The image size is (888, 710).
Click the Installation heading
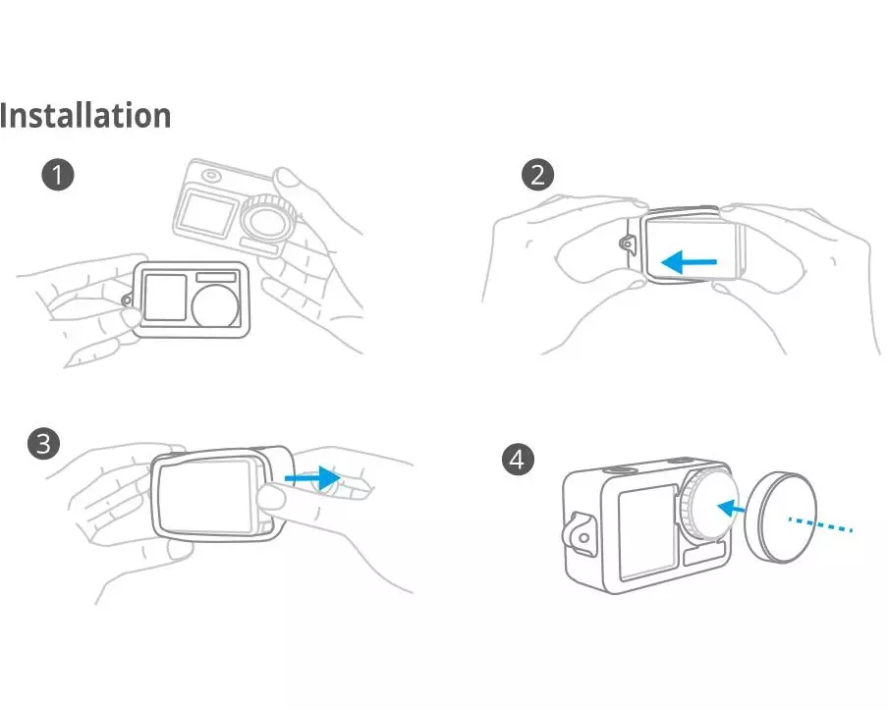click(84, 115)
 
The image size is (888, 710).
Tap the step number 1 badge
click(58, 175)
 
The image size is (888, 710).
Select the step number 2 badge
click(537, 175)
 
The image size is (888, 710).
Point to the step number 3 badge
click(43, 443)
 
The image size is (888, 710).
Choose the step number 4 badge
click(518, 460)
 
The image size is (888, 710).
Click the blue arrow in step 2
click(689, 262)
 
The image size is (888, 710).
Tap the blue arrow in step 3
click(311, 478)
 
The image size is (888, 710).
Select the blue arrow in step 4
click(731, 509)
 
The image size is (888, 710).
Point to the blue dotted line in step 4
click(820, 524)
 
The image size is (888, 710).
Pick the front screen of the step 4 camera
click(646, 533)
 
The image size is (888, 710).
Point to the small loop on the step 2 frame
click(628, 244)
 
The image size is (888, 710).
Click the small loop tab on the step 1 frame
click(128, 299)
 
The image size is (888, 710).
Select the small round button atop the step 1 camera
click(210, 176)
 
